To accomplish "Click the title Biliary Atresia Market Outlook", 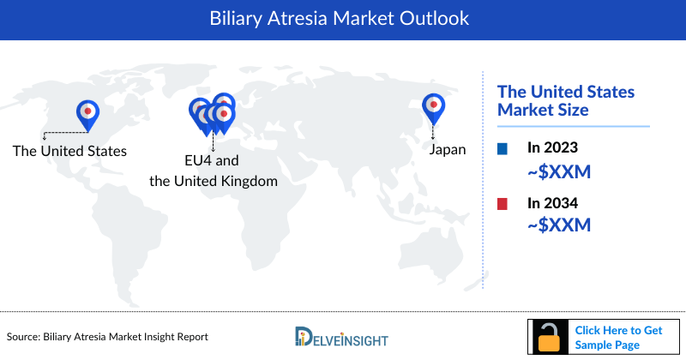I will [x=343, y=19].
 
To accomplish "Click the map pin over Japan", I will [x=435, y=107].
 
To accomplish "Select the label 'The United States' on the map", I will [x=69, y=151].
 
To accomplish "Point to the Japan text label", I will [x=448, y=150].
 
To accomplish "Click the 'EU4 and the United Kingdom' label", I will [x=214, y=171].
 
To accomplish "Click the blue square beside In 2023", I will [x=502, y=149].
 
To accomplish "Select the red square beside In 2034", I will [x=502, y=203].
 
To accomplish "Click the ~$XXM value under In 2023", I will [x=559, y=172].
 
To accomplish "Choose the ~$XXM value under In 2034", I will [x=559, y=225].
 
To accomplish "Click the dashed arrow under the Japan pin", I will [x=435, y=130].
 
